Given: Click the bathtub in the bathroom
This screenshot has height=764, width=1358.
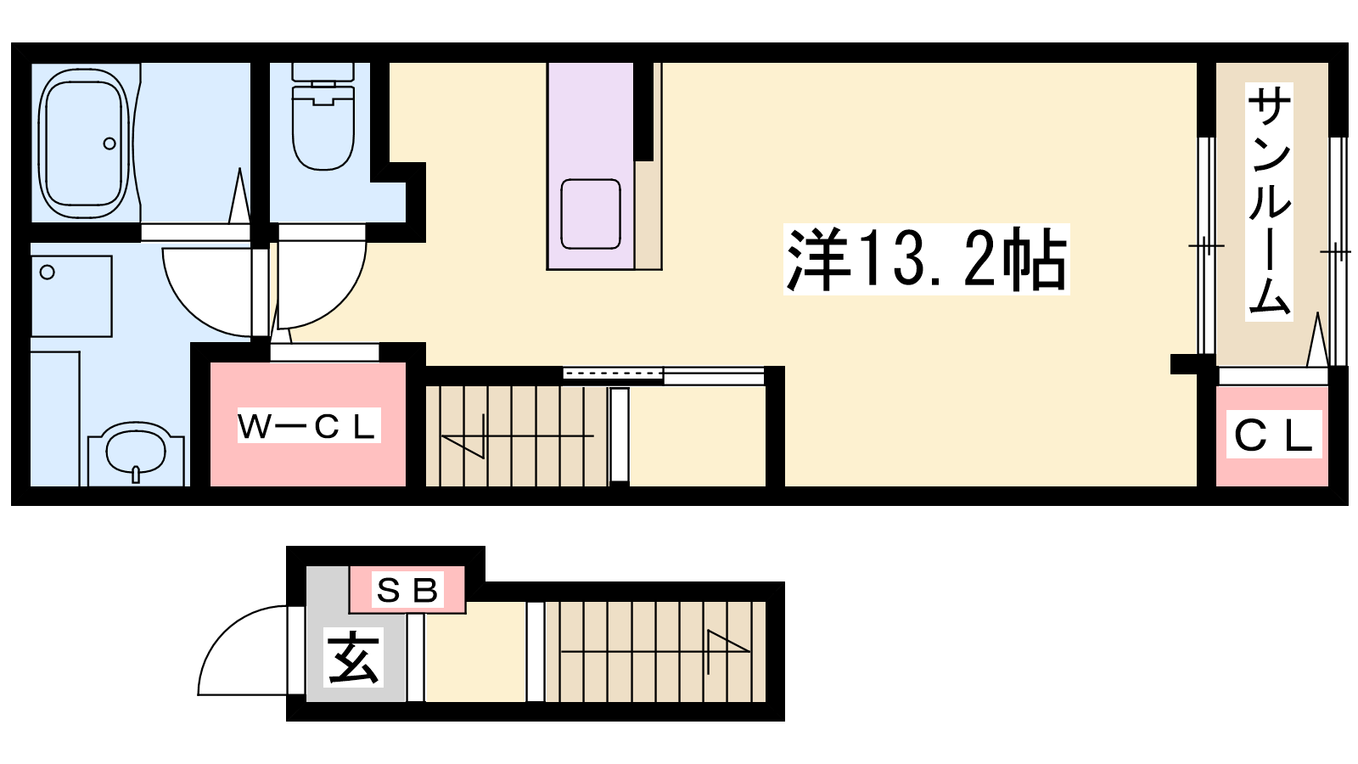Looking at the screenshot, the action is pos(84,143).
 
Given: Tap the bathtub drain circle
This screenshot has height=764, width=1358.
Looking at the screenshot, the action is pos(109,143).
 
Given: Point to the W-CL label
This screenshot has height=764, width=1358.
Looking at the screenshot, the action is pos(309,425).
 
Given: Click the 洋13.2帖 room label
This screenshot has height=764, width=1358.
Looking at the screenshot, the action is pos(926,260).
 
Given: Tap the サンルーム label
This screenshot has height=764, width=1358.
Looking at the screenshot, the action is pos(1269,202).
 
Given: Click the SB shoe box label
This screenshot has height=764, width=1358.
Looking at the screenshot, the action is pos(407,589).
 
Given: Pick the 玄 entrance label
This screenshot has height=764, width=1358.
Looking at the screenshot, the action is pos(354,657).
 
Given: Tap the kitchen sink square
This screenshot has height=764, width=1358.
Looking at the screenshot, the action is pos(591,214).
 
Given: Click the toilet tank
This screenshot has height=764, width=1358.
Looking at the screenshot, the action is pos(323,71).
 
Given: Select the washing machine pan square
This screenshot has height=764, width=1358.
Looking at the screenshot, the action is pos(71,296).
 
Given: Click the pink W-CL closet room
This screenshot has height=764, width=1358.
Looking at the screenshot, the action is pos(308,424).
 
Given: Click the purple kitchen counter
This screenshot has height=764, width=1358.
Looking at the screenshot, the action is pos(591,166).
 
